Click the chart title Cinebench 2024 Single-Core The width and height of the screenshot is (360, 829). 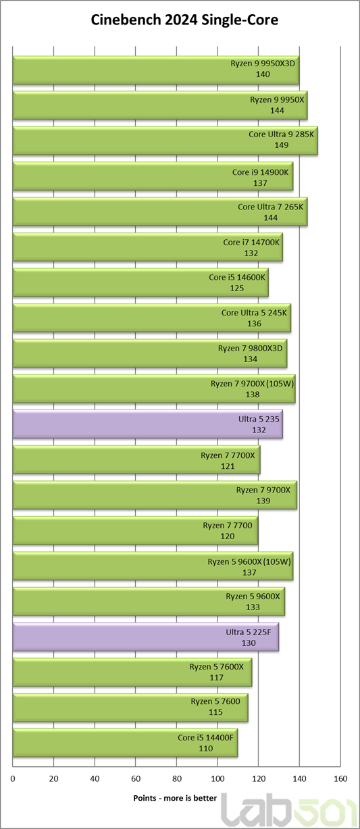(x=184, y=20)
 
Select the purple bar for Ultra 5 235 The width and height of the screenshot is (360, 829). (x=148, y=424)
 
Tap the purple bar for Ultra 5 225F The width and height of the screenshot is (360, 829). (x=146, y=637)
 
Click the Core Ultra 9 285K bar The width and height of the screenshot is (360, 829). (x=165, y=141)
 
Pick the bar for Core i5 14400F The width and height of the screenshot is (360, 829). (x=125, y=743)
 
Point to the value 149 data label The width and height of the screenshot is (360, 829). (x=281, y=145)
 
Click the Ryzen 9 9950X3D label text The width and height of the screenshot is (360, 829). (x=263, y=64)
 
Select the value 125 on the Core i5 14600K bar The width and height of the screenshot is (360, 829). (x=237, y=288)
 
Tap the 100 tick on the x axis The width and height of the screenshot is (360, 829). (x=217, y=779)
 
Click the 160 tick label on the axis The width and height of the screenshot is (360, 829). (x=340, y=779)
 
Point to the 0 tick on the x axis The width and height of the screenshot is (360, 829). (x=13, y=779)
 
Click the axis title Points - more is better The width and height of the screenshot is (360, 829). (x=175, y=798)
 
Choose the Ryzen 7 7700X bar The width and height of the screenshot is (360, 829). (x=136, y=459)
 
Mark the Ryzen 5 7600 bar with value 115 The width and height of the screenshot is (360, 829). (x=130, y=707)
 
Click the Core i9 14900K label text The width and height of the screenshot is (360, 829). (x=260, y=172)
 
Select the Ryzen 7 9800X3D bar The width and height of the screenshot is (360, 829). (x=150, y=353)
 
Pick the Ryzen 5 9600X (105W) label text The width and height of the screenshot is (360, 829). (x=249, y=561)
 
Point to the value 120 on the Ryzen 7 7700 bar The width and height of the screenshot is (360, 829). (x=227, y=536)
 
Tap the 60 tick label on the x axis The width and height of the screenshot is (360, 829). (x=136, y=779)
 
